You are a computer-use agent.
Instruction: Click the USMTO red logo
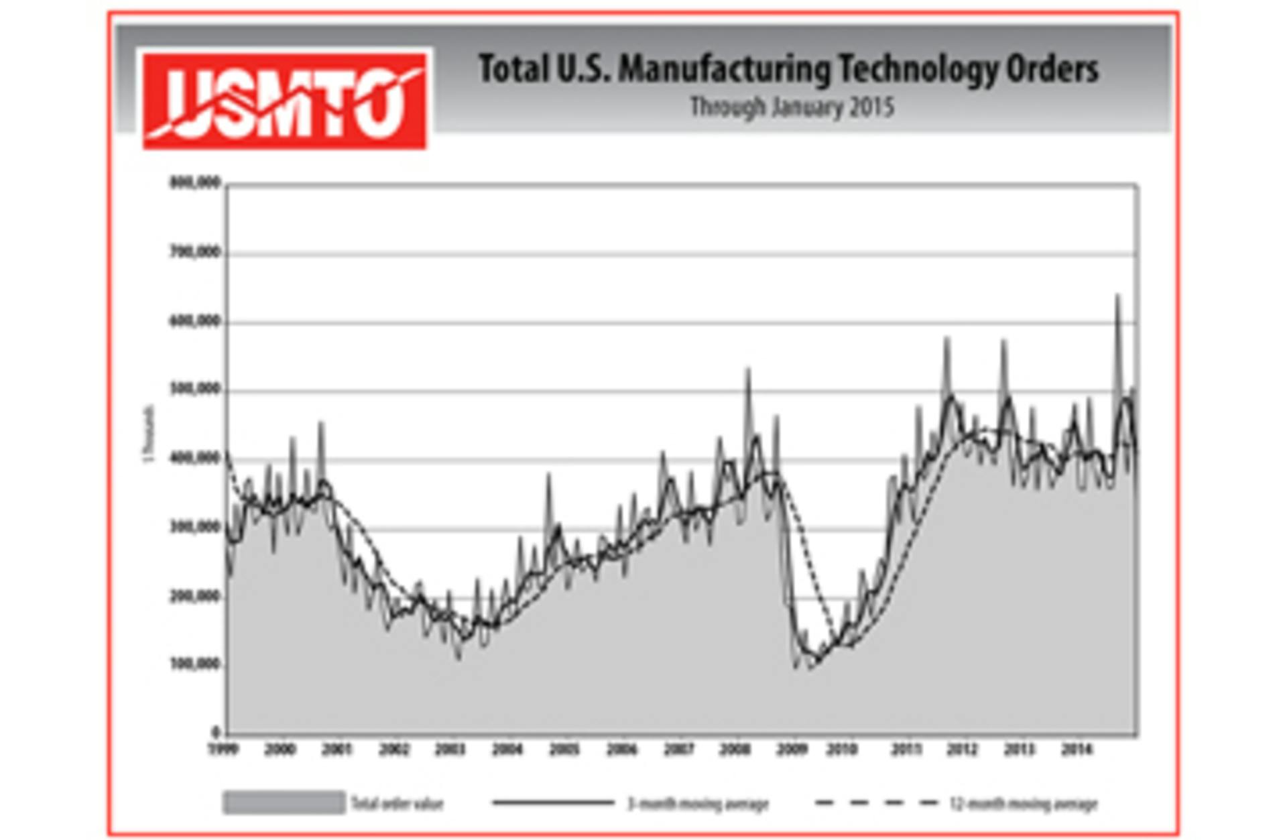point(284,101)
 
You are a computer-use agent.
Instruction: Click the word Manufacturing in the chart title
point(723,70)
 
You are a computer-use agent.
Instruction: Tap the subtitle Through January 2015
point(792,107)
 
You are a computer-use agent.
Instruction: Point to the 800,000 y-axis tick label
point(194,182)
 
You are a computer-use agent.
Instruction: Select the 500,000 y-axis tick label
point(194,389)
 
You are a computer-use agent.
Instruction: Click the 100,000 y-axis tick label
point(194,664)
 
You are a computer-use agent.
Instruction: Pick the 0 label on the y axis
point(216,732)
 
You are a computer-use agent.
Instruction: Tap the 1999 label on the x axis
point(223,749)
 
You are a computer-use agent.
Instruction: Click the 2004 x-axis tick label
point(507,749)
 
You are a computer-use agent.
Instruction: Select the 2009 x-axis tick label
point(792,749)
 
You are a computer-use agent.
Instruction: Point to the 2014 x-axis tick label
point(1077,749)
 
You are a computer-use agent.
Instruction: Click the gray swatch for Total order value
point(284,802)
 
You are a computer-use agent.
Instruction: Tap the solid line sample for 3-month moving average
point(553,802)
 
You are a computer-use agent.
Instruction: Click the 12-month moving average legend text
point(1024,803)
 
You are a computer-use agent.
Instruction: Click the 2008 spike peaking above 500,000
point(748,373)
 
